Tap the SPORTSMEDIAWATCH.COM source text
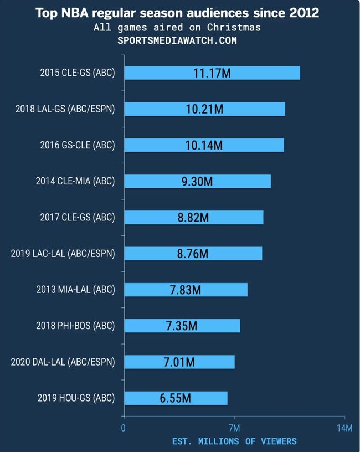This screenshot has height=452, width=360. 177,40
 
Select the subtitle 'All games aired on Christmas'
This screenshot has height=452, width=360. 177,27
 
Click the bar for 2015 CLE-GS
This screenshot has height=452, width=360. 212,73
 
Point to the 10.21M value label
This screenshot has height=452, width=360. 204,109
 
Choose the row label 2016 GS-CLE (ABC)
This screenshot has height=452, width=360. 78,145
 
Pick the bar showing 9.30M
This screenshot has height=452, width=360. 197,181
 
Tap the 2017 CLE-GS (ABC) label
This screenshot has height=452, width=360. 78,217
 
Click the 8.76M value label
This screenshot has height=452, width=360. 193,254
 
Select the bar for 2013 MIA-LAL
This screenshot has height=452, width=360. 186,290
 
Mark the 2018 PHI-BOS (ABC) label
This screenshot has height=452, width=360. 75,326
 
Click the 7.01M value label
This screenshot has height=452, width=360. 179,362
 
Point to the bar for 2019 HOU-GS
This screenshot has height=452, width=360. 176,398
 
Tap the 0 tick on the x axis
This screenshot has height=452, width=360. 124,428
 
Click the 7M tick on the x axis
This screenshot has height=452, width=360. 234,428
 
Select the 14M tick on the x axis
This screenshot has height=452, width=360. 344,428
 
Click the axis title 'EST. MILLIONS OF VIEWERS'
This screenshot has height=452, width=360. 234,441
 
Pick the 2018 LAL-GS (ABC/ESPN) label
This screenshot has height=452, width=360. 65,109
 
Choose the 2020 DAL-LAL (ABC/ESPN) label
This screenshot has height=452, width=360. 63,362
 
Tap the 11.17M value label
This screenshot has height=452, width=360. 212,73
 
